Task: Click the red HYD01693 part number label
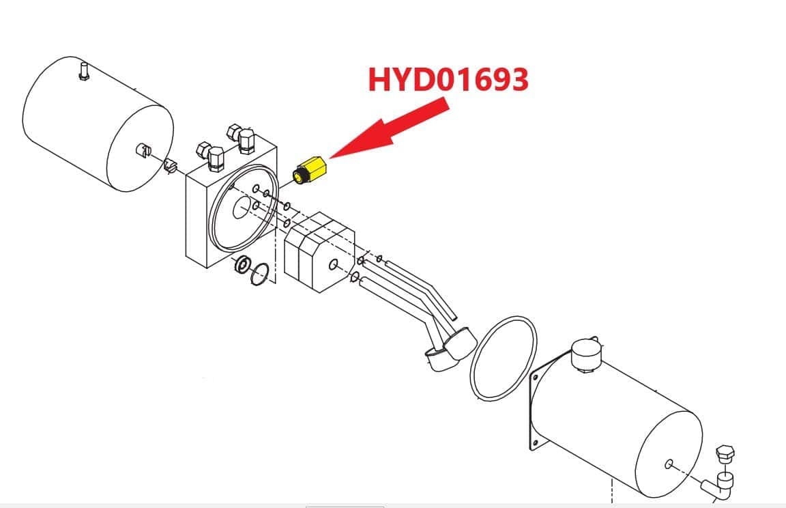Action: click(x=448, y=80)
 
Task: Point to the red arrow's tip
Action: click(x=330, y=158)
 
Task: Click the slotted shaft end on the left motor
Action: click(x=143, y=150)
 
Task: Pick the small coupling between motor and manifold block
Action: click(x=171, y=165)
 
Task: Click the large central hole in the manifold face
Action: click(x=243, y=207)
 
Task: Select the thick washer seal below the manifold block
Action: click(x=244, y=264)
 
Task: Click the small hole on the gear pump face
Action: click(x=333, y=264)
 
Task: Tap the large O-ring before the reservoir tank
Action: click(x=504, y=358)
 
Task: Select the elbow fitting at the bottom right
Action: click(x=717, y=485)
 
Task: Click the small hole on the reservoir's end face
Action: click(x=669, y=464)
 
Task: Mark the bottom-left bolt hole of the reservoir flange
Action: click(x=536, y=443)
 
